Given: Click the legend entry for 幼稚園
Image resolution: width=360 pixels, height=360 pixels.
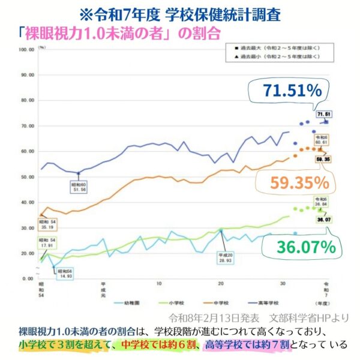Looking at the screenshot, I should pyautogui.click(x=134, y=302).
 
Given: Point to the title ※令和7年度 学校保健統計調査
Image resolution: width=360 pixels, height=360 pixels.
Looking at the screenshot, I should pyautogui.click(x=180, y=12).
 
